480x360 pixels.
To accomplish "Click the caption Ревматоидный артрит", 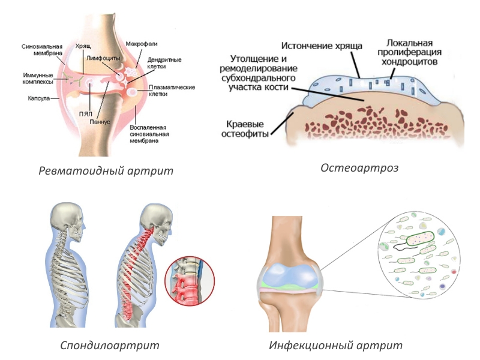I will (106, 170).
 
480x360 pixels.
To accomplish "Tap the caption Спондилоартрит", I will (110, 345).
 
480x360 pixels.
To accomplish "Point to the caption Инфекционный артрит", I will (335, 345).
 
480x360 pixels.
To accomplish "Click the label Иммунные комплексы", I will (37, 78).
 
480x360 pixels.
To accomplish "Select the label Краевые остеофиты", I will (247, 127).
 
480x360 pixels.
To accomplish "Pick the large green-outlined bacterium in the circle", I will (419, 239).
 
